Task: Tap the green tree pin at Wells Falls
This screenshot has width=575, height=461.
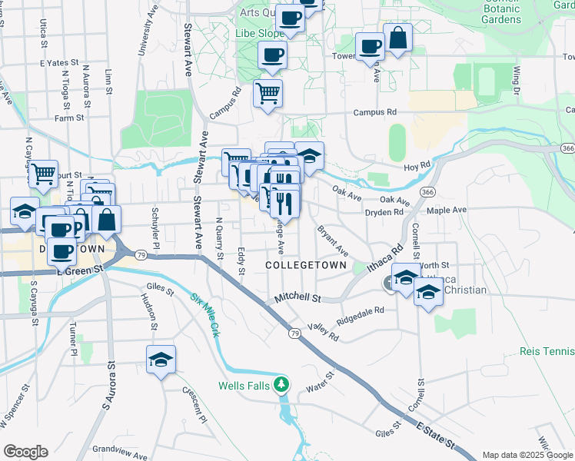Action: pyautogui.click(x=283, y=383)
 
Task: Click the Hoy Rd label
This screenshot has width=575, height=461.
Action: pyautogui.click(x=418, y=166)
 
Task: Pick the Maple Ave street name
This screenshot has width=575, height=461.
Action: pyautogui.click(x=447, y=210)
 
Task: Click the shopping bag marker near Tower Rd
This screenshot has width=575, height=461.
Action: pyautogui.click(x=398, y=38)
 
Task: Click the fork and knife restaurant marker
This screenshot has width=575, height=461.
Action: pyautogui.click(x=285, y=204)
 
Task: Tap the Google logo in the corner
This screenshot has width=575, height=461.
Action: pyautogui.click(x=25, y=452)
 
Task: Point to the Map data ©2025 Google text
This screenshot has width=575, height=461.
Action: pyautogui.click(x=528, y=455)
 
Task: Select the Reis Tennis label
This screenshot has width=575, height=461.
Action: pyautogui.click(x=547, y=350)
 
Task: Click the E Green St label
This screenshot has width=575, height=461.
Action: pyautogui.click(x=80, y=270)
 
